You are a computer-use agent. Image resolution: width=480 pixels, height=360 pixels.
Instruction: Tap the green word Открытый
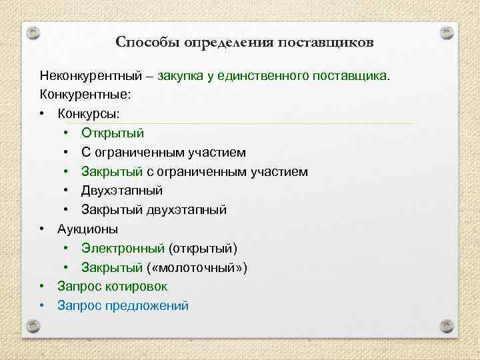pyautogui.click(x=113, y=133)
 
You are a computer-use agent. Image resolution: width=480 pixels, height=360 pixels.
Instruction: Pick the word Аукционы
pyautogui.click(x=88, y=229)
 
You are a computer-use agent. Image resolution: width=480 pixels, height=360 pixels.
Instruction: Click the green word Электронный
pyautogui.click(x=123, y=249)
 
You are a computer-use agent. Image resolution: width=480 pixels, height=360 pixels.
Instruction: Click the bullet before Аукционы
pyautogui.click(x=42, y=229)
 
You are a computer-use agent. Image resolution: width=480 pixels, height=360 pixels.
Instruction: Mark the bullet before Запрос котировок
pyautogui.click(x=42, y=287)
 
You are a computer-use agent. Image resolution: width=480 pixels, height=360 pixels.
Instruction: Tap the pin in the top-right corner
pyautogui.click(x=447, y=32)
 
